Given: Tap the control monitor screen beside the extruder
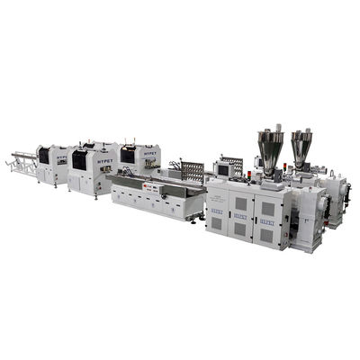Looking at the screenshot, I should (x=223, y=169).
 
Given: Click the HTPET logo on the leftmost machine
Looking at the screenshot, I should (x=62, y=157).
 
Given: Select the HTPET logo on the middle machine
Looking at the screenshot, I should (x=103, y=156).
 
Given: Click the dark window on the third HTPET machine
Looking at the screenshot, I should (x=128, y=155).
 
